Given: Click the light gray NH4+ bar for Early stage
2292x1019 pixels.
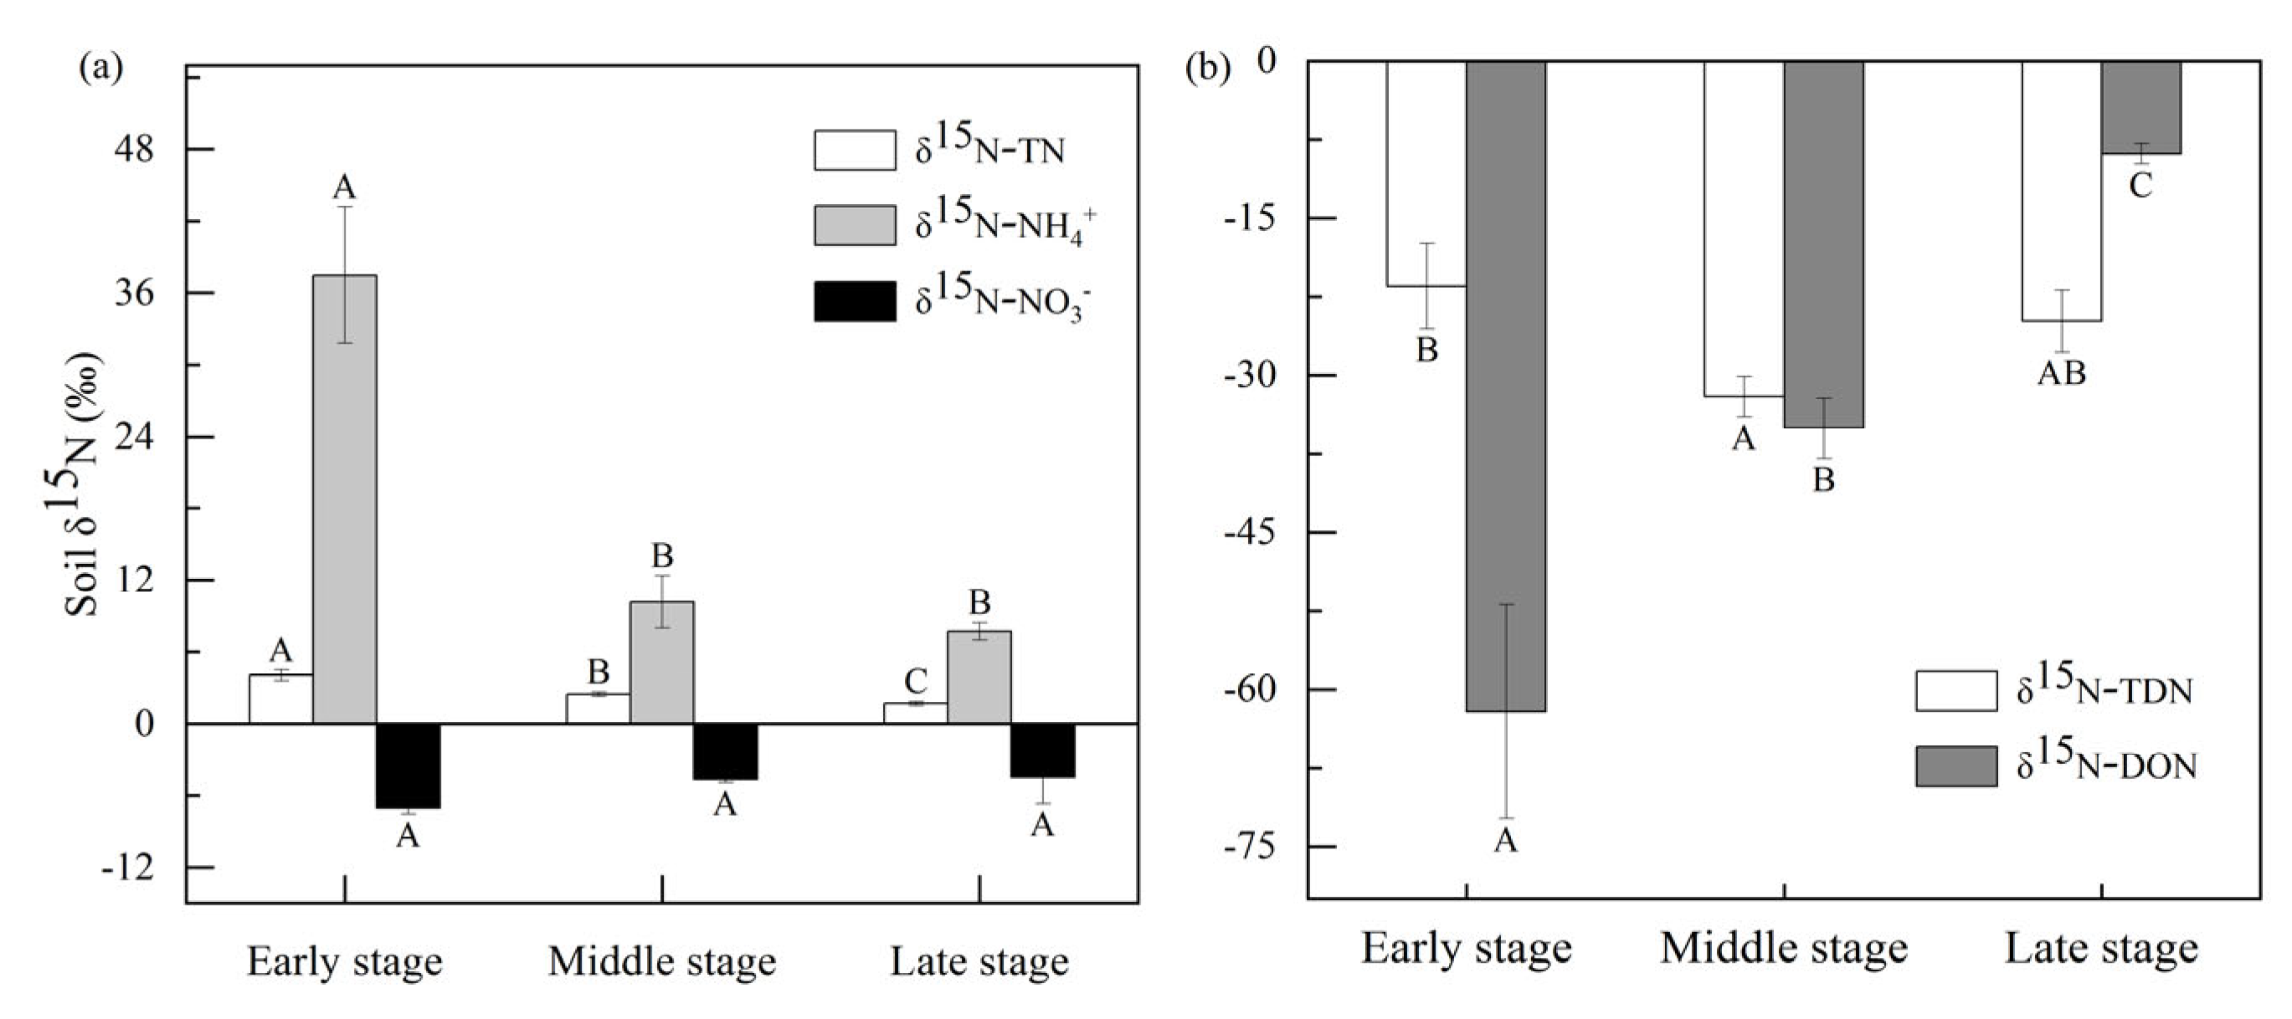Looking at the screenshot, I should coord(344,498).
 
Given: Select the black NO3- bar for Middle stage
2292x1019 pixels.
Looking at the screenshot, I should coord(725,751).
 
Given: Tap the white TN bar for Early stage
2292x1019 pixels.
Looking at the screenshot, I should coord(281,699).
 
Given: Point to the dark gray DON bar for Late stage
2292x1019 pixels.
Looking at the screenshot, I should coord(2140,108).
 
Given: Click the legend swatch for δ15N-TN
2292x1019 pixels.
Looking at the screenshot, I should coord(854,151).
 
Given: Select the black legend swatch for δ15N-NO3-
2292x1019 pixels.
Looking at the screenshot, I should coord(854,301).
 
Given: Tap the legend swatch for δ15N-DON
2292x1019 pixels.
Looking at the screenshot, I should coord(1955,766).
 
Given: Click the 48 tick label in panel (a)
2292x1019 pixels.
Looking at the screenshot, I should coord(133,150).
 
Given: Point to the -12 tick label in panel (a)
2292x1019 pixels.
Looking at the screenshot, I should coord(127,868).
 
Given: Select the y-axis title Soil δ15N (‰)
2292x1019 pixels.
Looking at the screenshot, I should coord(83,484).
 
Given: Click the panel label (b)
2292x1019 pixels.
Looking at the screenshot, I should coord(1208,69).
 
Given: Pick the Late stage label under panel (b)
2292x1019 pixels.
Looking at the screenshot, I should coord(2102,949).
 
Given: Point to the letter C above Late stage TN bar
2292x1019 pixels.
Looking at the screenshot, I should coord(916,681).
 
